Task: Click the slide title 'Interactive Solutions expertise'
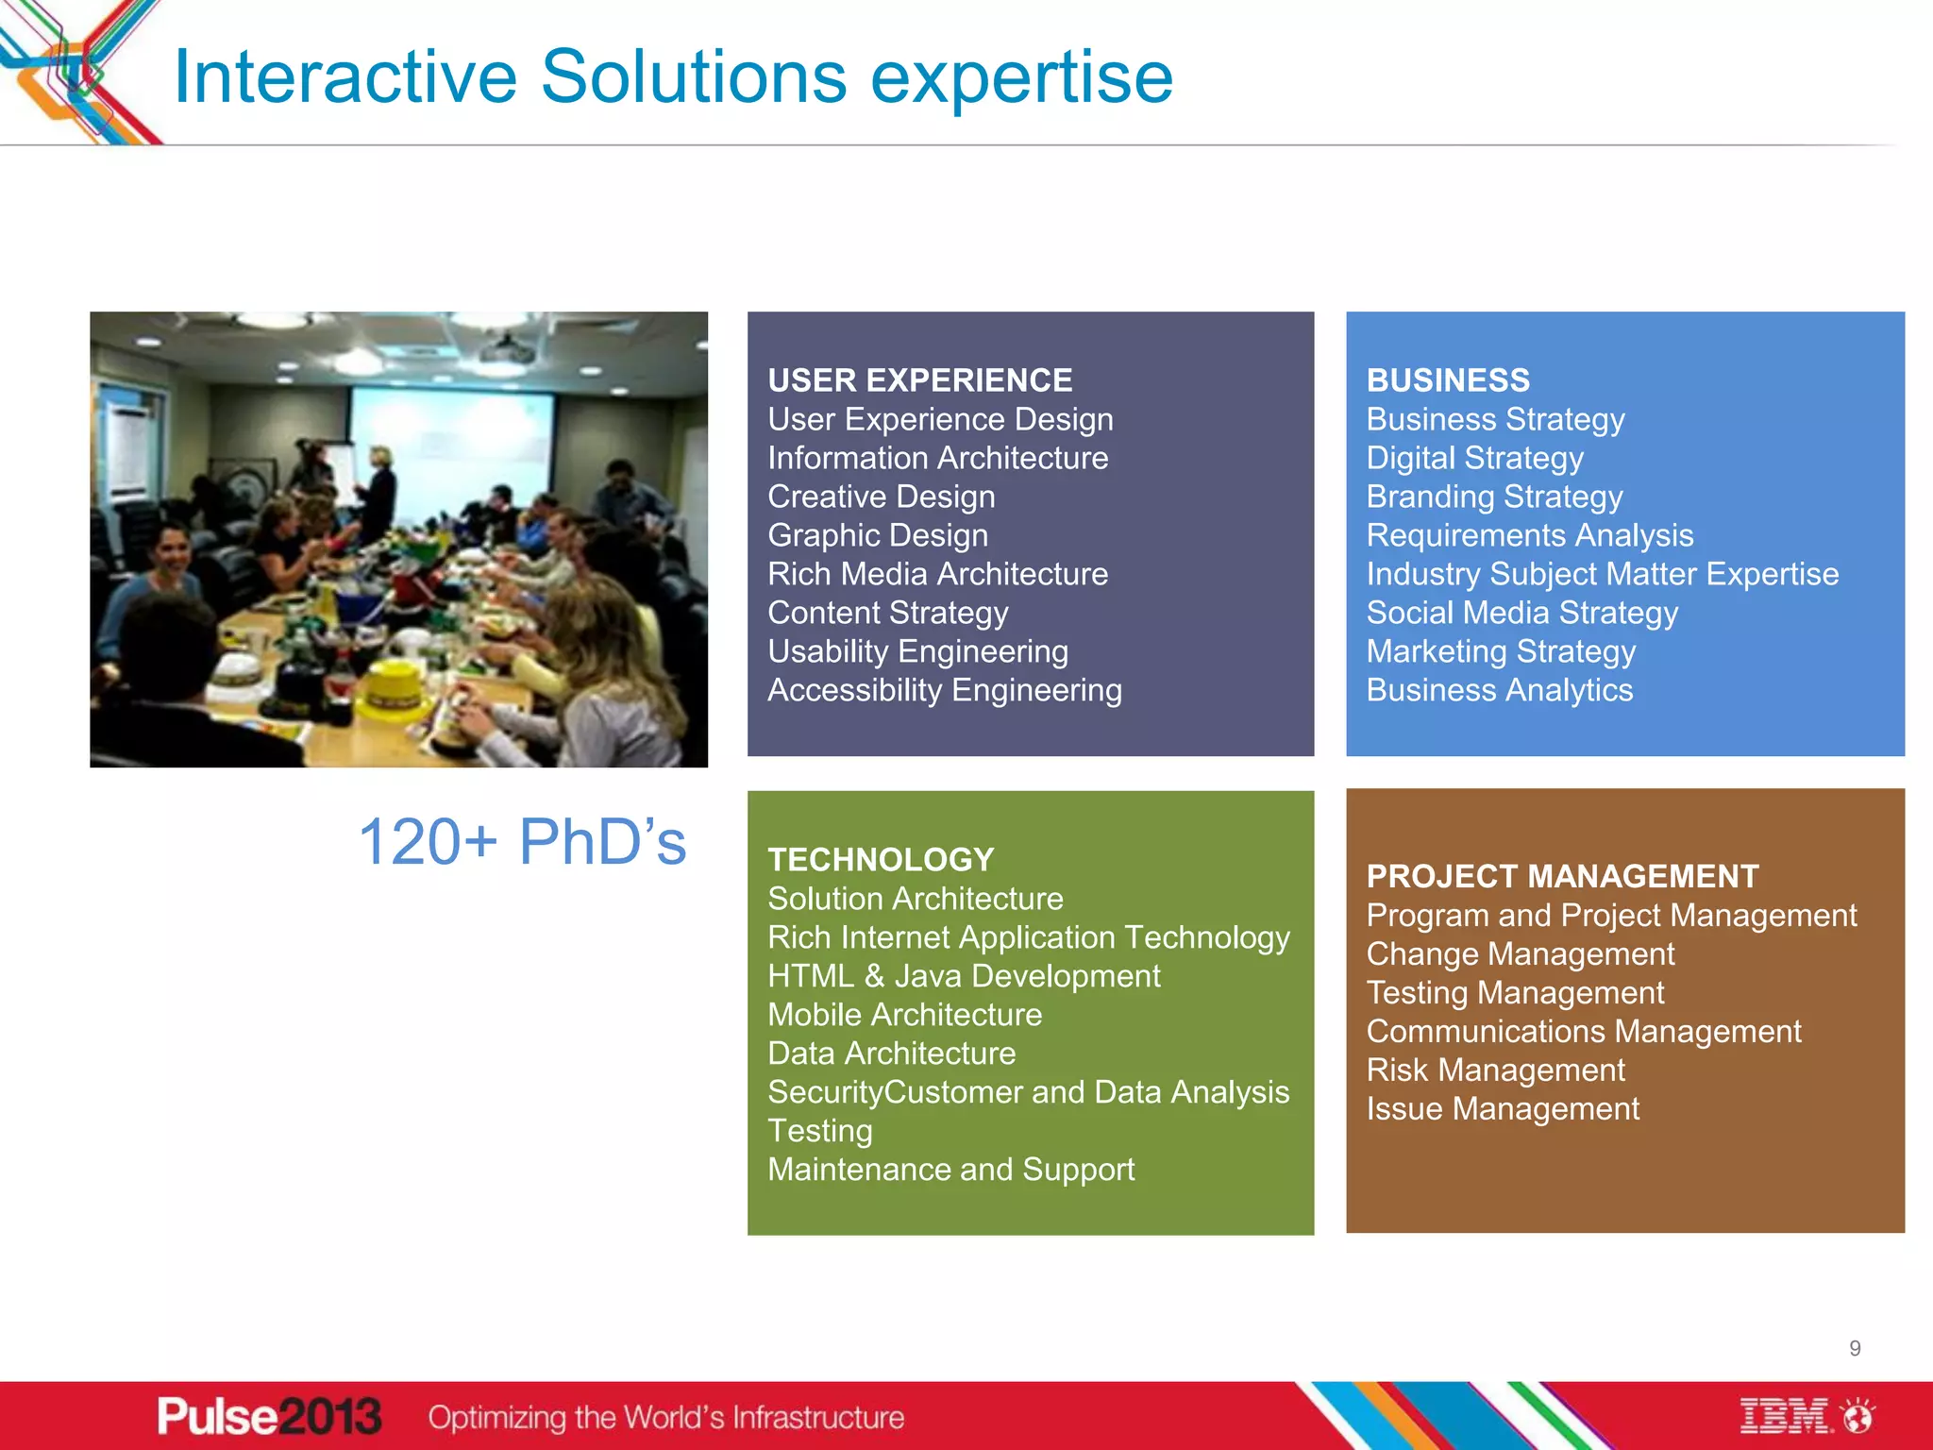coord(673,77)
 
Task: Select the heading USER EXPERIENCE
coord(919,380)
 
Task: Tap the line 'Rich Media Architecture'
coord(937,574)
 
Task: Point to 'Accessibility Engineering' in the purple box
coord(944,690)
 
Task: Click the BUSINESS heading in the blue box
coord(1448,380)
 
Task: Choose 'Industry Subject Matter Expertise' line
coord(1602,574)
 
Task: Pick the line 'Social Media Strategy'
coord(1521,613)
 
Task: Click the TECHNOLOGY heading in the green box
coord(881,860)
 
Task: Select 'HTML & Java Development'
coord(964,976)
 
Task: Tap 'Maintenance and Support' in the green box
coord(950,1170)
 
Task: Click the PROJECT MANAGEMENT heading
coord(1562,877)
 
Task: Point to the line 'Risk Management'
coord(1495,1071)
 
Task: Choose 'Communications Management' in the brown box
coord(1583,1032)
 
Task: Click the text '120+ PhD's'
coord(522,841)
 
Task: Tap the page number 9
coord(1855,1349)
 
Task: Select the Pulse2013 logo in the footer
coord(269,1416)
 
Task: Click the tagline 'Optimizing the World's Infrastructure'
coord(665,1417)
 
